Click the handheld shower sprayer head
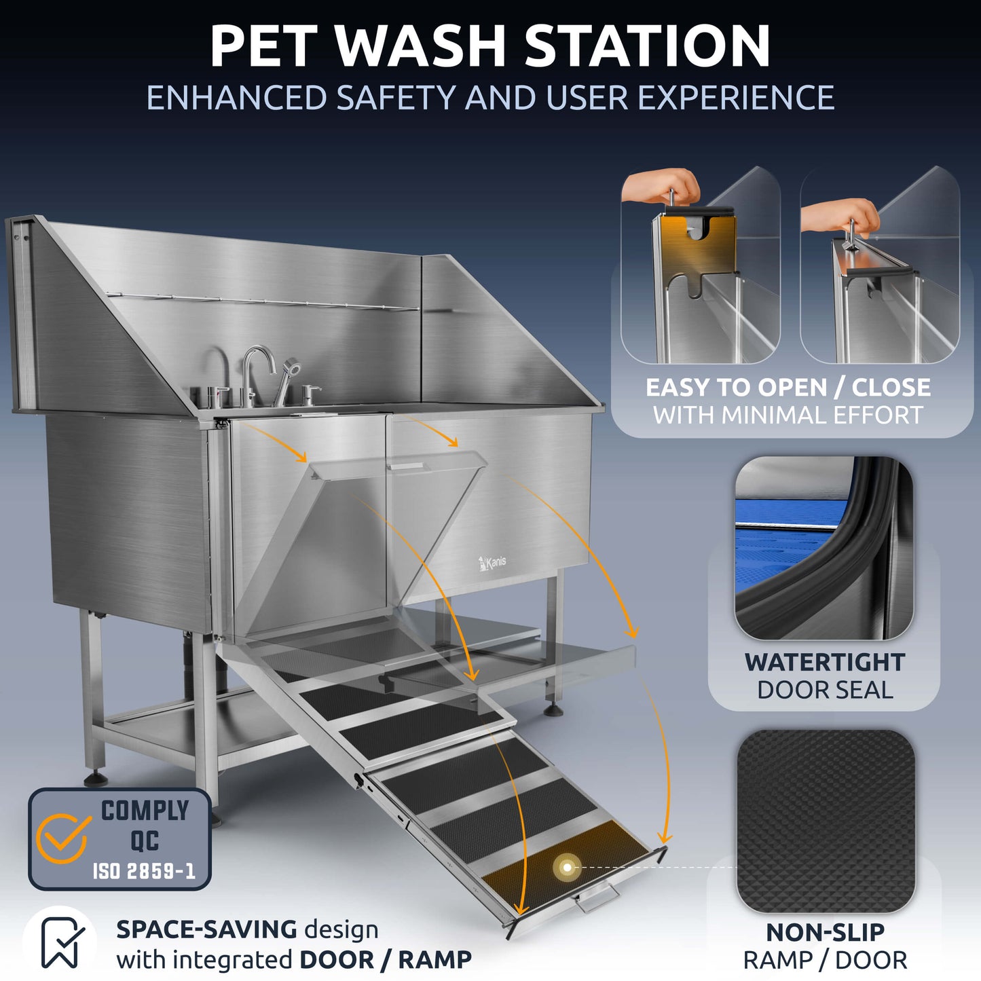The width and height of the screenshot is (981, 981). coord(292,367)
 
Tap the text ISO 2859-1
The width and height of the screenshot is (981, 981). coord(144,871)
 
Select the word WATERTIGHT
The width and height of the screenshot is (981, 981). coord(824,662)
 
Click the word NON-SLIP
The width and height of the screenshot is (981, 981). coord(825,932)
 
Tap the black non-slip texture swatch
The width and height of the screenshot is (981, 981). coord(826,821)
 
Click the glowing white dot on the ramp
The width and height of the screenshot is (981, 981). coord(567,867)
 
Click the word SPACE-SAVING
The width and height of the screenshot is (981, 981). coord(206,929)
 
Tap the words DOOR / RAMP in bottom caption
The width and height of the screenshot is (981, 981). coord(385,960)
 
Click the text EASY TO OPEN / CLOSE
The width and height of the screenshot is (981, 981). coord(788,387)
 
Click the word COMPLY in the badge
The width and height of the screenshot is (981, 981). coord(145,811)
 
